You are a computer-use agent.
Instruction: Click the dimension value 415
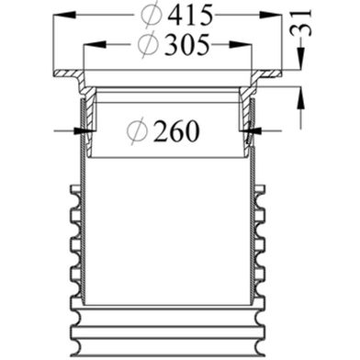[x=190, y=16]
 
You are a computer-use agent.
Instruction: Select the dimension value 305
[x=187, y=45]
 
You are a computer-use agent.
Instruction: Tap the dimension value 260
[x=176, y=131]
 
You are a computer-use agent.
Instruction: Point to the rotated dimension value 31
[x=301, y=23]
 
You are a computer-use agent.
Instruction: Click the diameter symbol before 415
[x=152, y=15]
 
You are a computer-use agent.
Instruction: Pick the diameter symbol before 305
[x=148, y=45]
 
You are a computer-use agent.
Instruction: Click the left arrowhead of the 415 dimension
[x=64, y=15]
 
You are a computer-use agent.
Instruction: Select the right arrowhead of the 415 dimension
[x=270, y=15]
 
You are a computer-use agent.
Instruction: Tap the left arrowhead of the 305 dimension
[x=96, y=44]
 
